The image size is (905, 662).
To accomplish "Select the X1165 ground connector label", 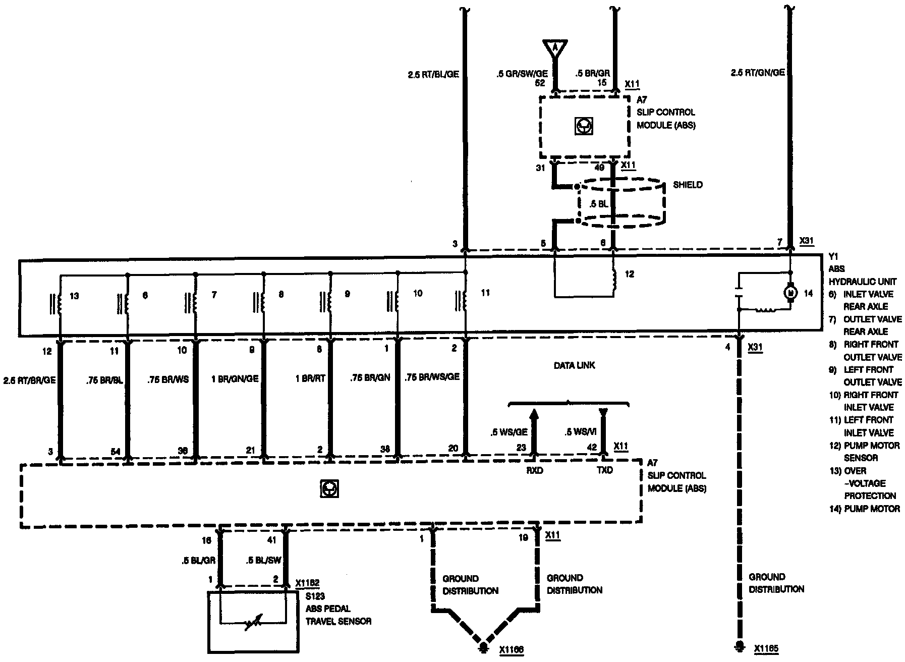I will (766, 649).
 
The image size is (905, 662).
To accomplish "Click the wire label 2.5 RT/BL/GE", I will (433, 74).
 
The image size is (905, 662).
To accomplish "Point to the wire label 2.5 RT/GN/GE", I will (758, 73).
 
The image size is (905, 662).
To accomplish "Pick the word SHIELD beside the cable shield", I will (688, 185).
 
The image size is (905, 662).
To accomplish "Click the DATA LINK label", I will (574, 365).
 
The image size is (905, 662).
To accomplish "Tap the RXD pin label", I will (534, 470).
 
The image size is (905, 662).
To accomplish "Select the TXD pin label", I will (604, 470).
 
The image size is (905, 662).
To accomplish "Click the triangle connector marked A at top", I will (555, 47).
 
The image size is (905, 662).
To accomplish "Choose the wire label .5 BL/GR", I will (199, 560).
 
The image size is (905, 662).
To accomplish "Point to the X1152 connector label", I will (308, 583).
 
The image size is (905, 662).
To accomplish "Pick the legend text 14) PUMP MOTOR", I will (864, 509).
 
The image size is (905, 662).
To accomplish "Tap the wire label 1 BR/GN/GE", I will (235, 377).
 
